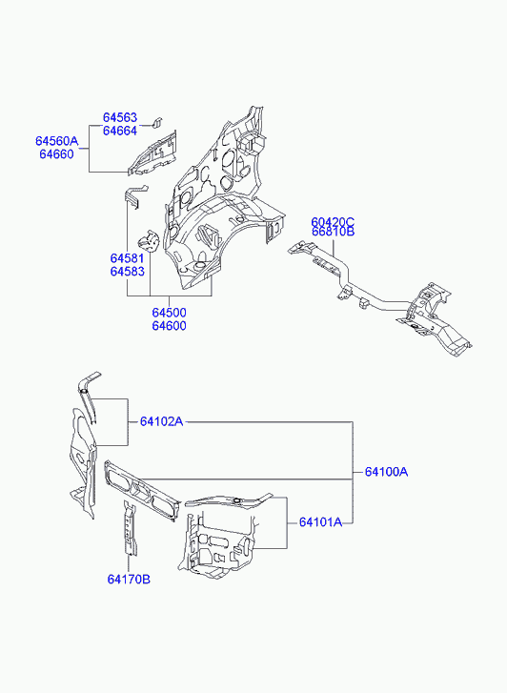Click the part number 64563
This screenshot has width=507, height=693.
click(120, 117)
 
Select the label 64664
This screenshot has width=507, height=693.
click(120, 131)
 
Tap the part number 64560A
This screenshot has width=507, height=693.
click(56, 141)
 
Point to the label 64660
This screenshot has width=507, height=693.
click(56, 154)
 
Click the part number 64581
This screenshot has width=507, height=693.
click(128, 258)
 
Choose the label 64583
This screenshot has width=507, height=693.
click(128, 272)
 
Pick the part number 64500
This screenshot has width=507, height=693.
click(170, 313)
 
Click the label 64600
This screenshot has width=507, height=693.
click(170, 326)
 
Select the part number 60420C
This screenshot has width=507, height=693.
click(333, 221)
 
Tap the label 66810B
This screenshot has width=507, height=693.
click(333, 232)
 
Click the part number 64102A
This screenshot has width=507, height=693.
click(161, 421)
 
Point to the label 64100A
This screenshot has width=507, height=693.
click(386, 472)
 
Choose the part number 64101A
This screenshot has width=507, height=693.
click(320, 522)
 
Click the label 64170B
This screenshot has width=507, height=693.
click(129, 579)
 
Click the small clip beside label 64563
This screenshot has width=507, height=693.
click(157, 122)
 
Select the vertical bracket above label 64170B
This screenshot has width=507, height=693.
click(130, 528)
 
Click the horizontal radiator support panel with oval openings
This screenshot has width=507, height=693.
click(141, 490)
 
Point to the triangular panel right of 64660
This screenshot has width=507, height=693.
click(152, 153)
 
